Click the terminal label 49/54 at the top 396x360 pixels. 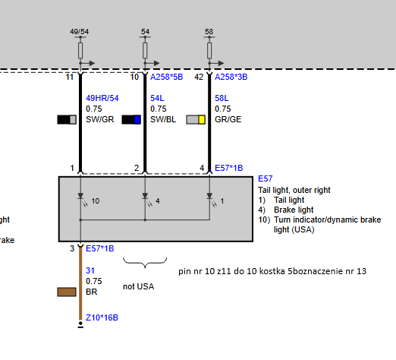click(80, 32)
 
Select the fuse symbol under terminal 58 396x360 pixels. click(209, 51)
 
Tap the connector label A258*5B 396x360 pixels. click(167, 77)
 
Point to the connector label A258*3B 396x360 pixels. click(231, 77)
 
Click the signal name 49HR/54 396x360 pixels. click(102, 98)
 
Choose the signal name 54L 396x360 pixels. click(157, 98)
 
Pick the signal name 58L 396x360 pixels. click(222, 98)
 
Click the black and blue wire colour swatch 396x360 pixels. click(131, 119)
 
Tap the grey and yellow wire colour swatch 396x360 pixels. click(196, 119)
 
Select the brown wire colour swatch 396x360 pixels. click(67, 292)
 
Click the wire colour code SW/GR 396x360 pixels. click(100, 119)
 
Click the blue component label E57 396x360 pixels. click(266, 178)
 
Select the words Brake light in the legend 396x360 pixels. click(294, 210)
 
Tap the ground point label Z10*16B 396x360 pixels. click(102, 317)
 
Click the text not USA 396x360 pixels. click(138, 286)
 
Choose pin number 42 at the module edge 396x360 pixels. click(199, 77)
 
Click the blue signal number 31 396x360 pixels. click(90, 270)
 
